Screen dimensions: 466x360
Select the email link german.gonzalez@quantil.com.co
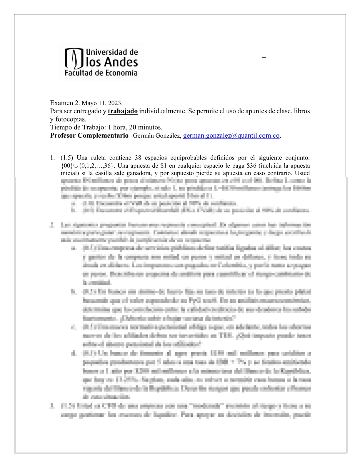pos(231,136)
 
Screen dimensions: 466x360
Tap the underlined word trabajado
pos(123,111)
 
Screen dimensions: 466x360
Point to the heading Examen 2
pos(65,103)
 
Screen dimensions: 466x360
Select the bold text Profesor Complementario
pos(89,136)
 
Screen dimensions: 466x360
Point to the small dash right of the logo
pos(264,58)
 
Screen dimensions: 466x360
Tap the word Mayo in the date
pos(89,103)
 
